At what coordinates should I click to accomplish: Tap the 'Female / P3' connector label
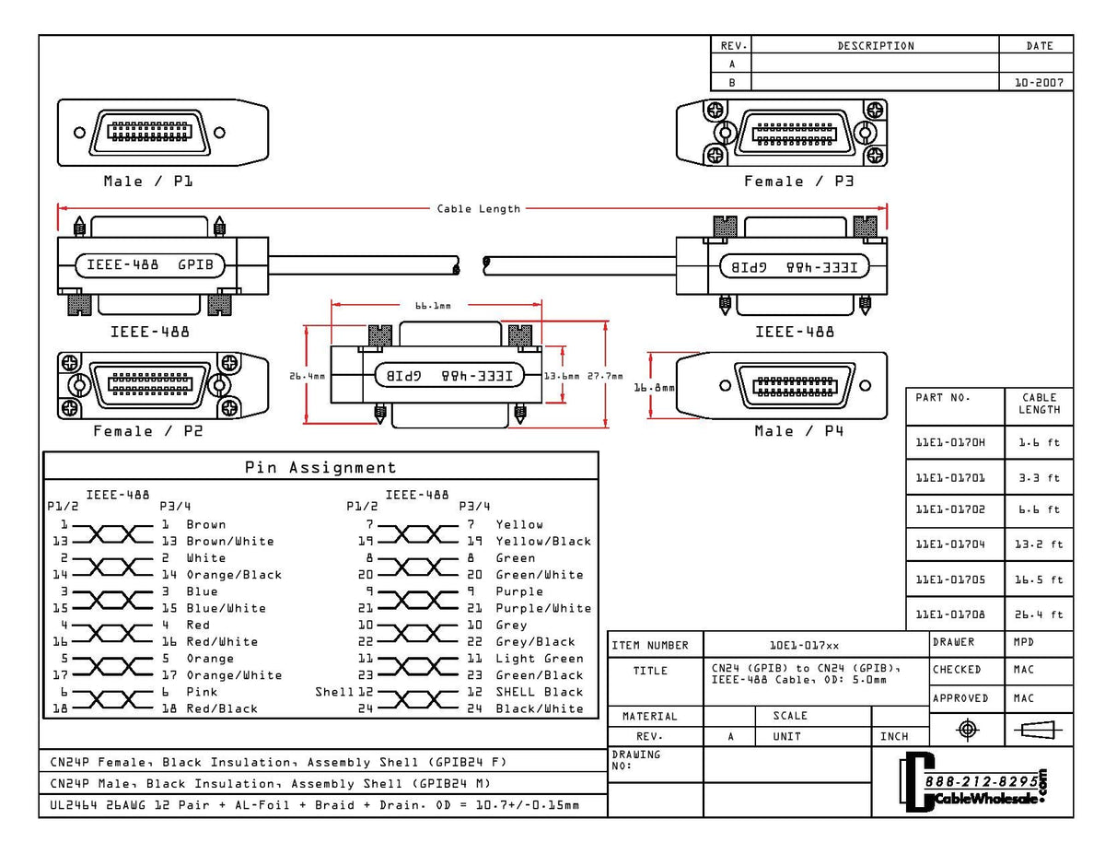(798, 181)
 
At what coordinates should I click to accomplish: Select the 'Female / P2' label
(147, 431)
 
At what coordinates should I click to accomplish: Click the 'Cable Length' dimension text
(478, 209)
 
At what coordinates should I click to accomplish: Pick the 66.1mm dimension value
(433, 305)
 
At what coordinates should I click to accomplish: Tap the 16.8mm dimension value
(654, 388)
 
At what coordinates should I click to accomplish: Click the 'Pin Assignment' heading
(320, 467)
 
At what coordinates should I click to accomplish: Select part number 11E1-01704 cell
(950, 544)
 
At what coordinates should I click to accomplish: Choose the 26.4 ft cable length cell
(1039, 614)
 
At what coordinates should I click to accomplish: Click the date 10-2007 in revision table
(1038, 82)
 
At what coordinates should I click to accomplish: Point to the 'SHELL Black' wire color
(540, 692)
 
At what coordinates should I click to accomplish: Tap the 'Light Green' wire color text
(540, 659)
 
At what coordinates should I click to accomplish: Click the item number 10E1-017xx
(804, 646)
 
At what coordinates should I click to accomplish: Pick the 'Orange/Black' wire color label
(234, 575)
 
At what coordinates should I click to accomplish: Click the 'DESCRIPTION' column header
(876, 46)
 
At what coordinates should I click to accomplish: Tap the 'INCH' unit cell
(893, 737)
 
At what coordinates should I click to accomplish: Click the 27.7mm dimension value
(605, 376)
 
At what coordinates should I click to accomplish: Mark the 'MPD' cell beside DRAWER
(1024, 642)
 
